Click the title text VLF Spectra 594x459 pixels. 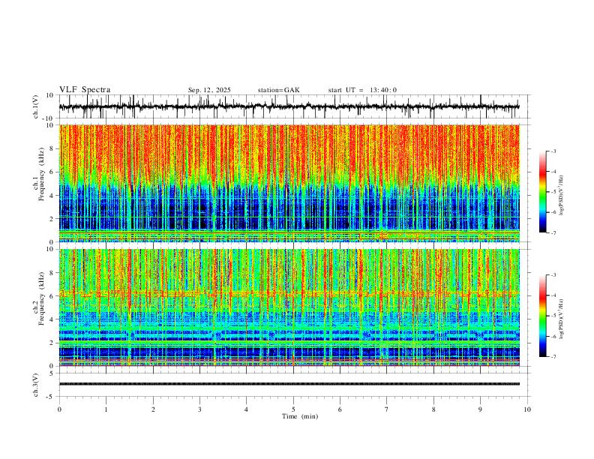pos(85,90)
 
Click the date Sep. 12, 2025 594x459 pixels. pos(209,90)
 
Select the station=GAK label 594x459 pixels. pos(278,90)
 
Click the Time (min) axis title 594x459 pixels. pos(293,415)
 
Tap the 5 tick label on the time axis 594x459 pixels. pos(293,409)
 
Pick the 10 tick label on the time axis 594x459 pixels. pos(527,409)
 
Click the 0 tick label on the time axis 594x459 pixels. pos(59,409)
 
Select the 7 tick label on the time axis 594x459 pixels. pos(387,409)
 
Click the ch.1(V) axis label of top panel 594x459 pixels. pos(36,107)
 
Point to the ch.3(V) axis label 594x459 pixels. pos(36,384)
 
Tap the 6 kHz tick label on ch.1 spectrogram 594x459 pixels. pos(50,172)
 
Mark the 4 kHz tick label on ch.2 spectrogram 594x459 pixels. pos(50,319)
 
